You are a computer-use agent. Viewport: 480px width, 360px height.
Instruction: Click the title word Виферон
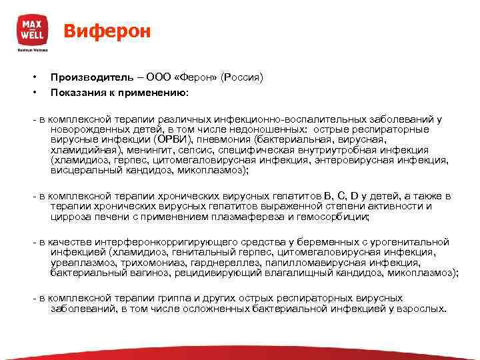tap(107, 31)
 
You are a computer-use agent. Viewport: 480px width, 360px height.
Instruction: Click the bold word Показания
tap(78, 91)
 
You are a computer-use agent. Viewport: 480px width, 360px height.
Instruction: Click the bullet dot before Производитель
tap(40, 78)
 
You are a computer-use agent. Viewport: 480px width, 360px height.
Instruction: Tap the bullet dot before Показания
tap(40, 91)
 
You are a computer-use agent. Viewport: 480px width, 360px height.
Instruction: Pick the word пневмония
tap(221, 140)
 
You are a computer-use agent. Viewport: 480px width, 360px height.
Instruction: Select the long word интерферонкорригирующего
tap(159, 242)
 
